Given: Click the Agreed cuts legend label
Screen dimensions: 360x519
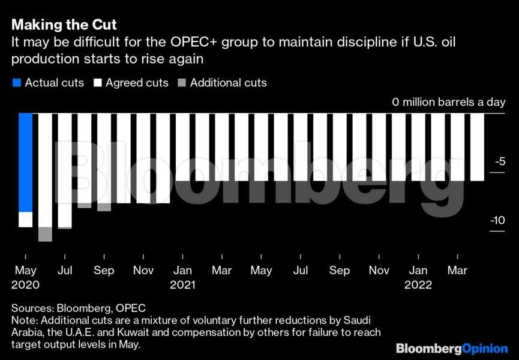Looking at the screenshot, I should click(137, 83).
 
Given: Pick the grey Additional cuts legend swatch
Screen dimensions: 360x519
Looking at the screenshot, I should click(181, 83).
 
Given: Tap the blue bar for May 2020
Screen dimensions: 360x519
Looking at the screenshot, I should click(25, 162).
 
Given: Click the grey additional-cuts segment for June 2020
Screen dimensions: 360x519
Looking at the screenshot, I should click(45, 234).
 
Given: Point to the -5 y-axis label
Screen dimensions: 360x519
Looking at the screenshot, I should click(499, 161).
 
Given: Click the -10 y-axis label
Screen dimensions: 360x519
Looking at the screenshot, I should click(497, 220).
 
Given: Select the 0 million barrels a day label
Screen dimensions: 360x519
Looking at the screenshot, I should click(449, 102).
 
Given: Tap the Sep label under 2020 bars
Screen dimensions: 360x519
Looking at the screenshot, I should click(104, 271).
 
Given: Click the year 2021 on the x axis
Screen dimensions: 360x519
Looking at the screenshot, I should click(182, 286).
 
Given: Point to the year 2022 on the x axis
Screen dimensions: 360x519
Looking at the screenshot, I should click(418, 286).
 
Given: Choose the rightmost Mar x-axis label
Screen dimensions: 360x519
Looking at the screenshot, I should click(458, 271).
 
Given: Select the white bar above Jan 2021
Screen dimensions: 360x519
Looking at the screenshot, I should click(182, 147).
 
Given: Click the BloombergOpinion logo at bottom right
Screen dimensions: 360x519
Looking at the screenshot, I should click(451, 349).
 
